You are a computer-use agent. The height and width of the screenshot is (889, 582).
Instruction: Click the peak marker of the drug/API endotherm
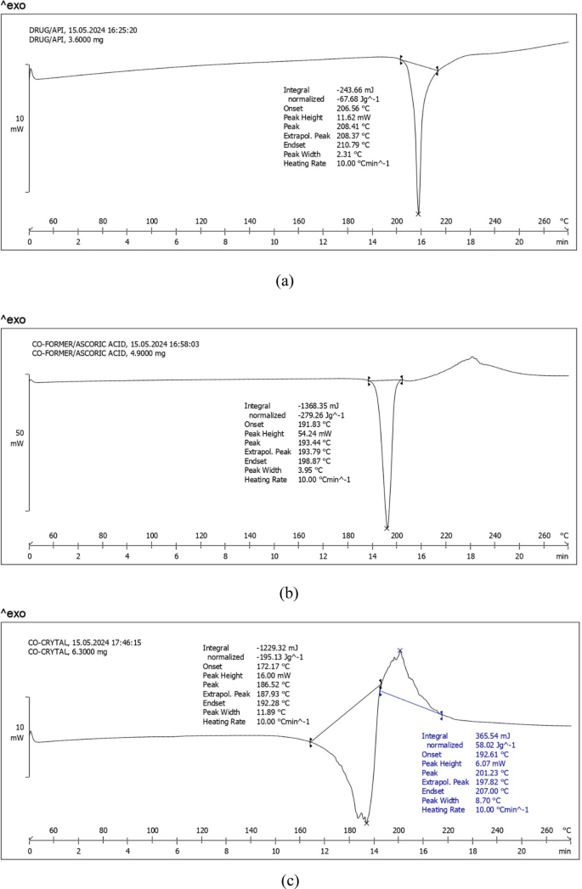pos(418,213)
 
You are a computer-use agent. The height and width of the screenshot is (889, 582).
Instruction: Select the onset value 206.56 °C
pos(354,108)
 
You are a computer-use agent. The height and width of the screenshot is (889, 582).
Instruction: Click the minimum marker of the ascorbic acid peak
pos(387,527)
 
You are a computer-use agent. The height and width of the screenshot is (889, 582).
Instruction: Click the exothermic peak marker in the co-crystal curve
pos(399,651)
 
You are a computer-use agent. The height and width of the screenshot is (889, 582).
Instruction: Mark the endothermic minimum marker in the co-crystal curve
pos(366,822)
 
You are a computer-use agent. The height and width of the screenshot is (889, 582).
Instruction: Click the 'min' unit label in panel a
pos(562,242)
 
